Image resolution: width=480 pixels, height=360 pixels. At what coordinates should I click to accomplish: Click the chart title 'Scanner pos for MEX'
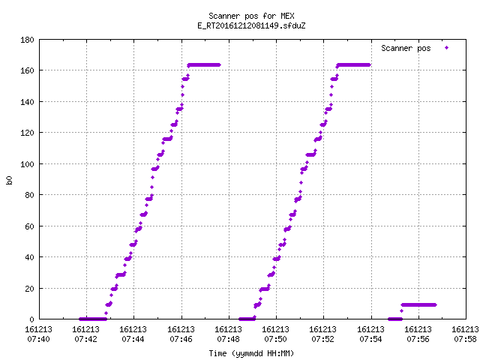251,16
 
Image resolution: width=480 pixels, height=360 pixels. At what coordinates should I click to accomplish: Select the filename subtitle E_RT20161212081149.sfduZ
251,25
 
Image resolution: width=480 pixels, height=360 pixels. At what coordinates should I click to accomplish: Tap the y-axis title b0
9,180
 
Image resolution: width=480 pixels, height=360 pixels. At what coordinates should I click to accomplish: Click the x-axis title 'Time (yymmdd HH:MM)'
251,353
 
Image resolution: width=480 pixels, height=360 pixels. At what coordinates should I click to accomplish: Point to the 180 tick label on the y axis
27,40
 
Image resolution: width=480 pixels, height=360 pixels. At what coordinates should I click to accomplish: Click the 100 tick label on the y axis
27,164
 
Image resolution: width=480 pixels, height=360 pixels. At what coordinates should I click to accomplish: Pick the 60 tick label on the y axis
29,226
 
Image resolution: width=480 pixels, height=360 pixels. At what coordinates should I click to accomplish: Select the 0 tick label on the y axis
31,319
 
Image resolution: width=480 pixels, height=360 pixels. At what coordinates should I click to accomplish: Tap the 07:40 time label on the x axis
38,339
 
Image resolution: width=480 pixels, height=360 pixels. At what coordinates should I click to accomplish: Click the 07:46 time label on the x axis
181,339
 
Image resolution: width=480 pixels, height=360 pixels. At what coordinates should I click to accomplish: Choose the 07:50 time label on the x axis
276,339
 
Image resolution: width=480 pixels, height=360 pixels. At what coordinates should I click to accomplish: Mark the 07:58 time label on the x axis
465,339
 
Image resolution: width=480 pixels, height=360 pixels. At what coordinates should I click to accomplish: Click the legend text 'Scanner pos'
406,48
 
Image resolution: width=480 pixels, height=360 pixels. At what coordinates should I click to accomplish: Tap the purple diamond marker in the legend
447,47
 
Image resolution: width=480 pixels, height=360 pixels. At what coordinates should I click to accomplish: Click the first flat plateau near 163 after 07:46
204,65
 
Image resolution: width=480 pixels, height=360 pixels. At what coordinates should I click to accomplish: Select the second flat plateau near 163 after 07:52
353,65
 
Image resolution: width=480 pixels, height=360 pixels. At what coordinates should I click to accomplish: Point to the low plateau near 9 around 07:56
418,305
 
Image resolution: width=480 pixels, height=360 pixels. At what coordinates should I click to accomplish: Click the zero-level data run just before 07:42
93,319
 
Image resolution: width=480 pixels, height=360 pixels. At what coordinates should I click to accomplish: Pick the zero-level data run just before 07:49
247,319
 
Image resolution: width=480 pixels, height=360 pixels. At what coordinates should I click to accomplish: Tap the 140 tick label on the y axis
27,102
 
